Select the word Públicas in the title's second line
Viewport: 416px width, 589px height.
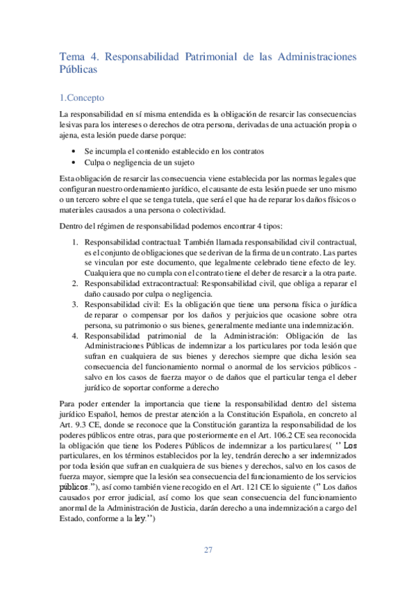click(x=78, y=69)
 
